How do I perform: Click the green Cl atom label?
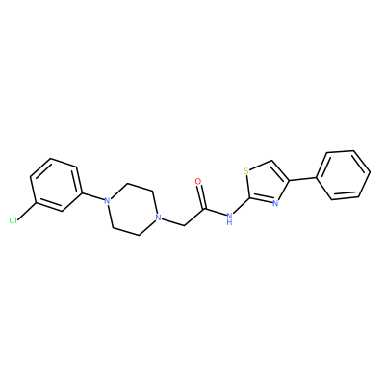pos(13,220)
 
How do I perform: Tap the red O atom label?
pos(198,181)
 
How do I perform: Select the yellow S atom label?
pos(246,171)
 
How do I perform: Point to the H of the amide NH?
pos(229,222)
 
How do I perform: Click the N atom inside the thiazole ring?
pos(275,203)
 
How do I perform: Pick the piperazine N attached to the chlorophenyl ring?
pos(107,201)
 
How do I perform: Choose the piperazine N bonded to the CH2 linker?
pos(157,218)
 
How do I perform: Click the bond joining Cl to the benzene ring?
pos(28,211)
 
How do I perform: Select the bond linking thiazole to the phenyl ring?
pos(303,179)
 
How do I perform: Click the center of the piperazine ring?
pos(132,210)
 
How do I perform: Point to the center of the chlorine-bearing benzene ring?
pos(55,185)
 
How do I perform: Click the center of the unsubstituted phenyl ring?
pos(344,175)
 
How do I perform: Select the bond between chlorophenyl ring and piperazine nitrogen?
pos(93,197)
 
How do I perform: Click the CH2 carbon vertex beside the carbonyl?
pos(184,225)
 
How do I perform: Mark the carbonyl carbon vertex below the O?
pos(204,209)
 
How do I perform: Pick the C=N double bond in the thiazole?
pos(261,200)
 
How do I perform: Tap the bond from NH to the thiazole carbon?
pos(241,207)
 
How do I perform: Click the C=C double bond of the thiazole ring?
pos(280,170)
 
